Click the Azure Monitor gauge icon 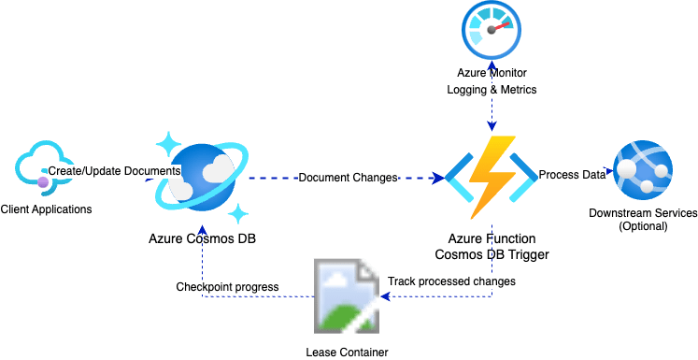click(x=491, y=32)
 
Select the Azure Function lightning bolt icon click(x=490, y=176)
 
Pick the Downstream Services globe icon click(x=643, y=172)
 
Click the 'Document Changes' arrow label click(x=349, y=177)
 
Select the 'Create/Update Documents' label click(x=114, y=171)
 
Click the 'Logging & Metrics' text click(x=491, y=89)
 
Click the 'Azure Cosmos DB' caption click(x=202, y=238)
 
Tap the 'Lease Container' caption click(x=347, y=352)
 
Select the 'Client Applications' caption click(x=47, y=209)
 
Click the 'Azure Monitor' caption click(x=491, y=73)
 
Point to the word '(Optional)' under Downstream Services click(x=643, y=226)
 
